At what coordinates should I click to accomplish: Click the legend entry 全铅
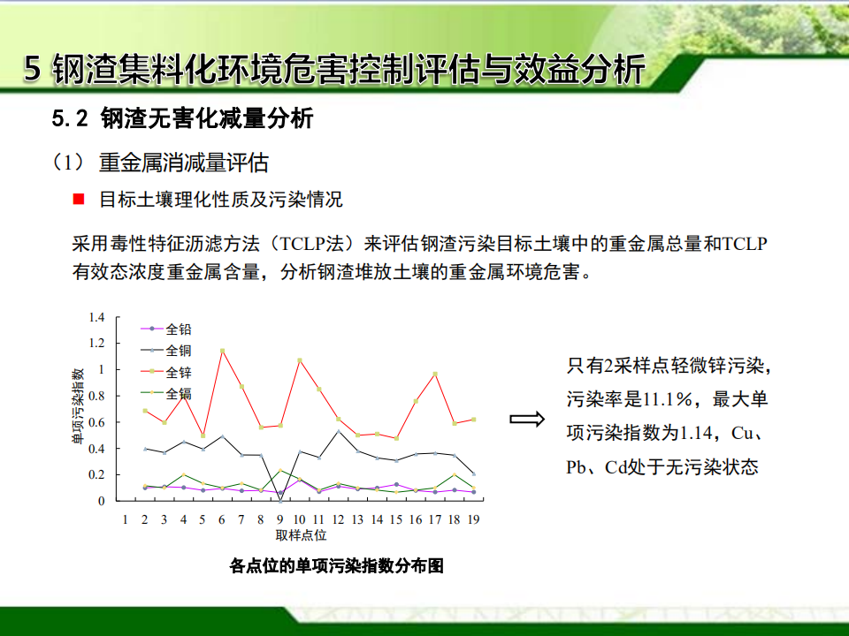(x=165, y=329)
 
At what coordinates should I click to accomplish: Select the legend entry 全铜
(x=165, y=351)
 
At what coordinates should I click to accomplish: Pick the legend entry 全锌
(x=165, y=372)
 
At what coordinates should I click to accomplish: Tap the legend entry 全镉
(x=165, y=393)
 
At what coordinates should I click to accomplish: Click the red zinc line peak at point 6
(x=222, y=351)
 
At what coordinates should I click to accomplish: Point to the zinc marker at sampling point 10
(x=300, y=360)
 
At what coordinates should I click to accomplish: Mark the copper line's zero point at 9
(x=280, y=501)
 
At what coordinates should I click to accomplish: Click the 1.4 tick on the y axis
(x=97, y=317)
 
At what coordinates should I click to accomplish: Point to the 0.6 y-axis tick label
(x=97, y=422)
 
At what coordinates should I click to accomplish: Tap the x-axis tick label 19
(x=473, y=519)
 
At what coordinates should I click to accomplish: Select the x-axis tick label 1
(x=125, y=519)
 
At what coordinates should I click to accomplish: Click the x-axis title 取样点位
(x=301, y=535)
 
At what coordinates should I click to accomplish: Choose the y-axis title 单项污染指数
(x=78, y=406)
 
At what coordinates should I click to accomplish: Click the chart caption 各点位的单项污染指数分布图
(x=336, y=566)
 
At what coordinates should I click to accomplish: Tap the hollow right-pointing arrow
(x=527, y=419)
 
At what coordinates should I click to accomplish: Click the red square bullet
(x=79, y=200)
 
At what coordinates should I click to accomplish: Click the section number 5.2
(x=70, y=118)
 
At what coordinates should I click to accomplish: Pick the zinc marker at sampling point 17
(x=435, y=375)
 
